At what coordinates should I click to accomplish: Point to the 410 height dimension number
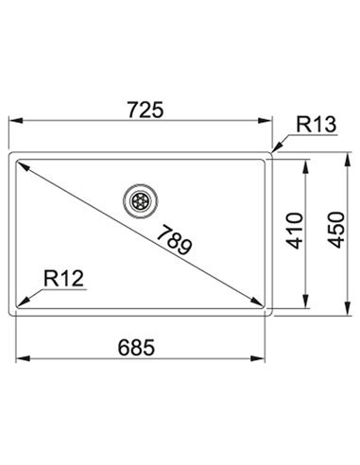[x=293, y=232]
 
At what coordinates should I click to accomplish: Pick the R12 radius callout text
[x=63, y=280]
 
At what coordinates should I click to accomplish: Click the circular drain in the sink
[x=140, y=198]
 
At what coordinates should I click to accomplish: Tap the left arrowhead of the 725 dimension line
[x=13, y=121]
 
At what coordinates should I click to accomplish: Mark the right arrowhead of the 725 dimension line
[x=268, y=121]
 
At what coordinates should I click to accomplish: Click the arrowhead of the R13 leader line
[x=273, y=151]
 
